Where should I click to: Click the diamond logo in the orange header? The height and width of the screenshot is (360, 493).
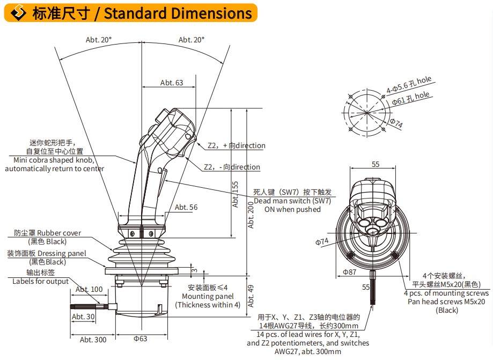pyautogui.click(x=19, y=12)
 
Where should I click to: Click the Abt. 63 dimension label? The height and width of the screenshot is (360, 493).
pyautogui.click(x=171, y=83)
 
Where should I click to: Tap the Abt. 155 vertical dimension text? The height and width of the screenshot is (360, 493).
pyautogui.click(x=235, y=194)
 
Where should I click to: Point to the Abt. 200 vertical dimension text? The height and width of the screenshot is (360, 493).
pyautogui.click(x=251, y=215)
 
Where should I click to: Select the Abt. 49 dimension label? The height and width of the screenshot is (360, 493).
pyautogui.click(x=251, y=296)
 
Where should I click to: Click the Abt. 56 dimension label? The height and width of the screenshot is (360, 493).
pyautogui.click(x=186, y=207)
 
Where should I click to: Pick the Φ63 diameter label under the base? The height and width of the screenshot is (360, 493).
pyautogui.click(x=140, y=339)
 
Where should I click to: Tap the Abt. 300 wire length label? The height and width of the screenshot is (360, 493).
pyautogui.click(x=93, y=340)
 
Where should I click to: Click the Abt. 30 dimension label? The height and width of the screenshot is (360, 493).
pyautogui.click(x=83, y=317)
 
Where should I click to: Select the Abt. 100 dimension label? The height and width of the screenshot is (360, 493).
pyautogui.click(x=89, y=289)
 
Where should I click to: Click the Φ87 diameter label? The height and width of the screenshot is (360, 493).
pyautogui.click(x=349, y=272)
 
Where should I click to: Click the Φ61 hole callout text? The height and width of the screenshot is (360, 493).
pyautogui.click(x=410, y=98)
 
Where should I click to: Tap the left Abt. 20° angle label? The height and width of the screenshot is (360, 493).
pyautogui.click(x=99, y=40)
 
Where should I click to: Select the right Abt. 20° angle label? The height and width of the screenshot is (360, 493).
pyautogui.click(x=192, y=40)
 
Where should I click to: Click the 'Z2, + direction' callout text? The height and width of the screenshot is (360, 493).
pyautogui.click(x=237, y=145)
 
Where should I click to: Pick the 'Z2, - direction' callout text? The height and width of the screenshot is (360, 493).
pyautogui.click(x=232, y=167)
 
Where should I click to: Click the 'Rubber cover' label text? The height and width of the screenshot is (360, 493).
pyautogui.click(x=59, y=233)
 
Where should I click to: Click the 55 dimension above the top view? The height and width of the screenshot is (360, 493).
pyautogui.click(x=376, y=164)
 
